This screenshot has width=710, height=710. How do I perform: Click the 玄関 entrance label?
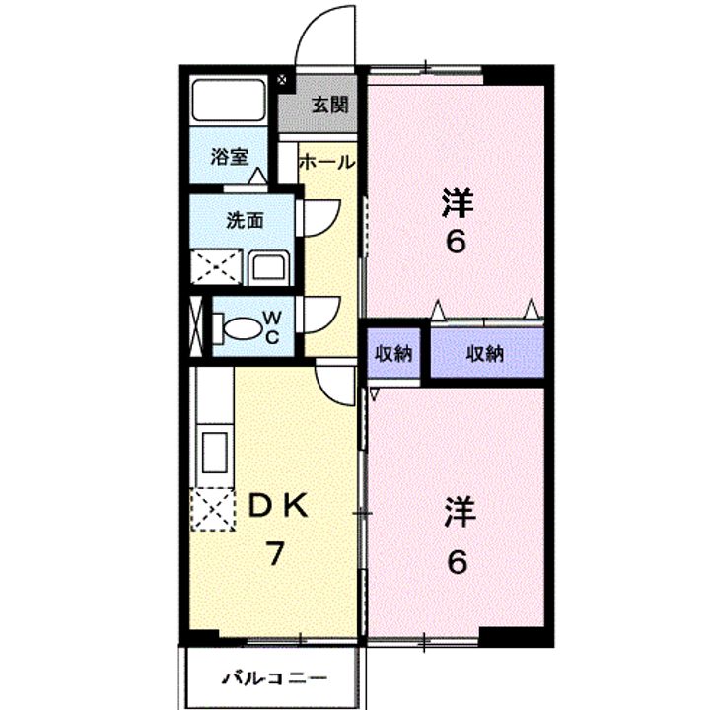(x=330, y=106)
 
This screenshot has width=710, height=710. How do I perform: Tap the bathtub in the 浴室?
(x=229, y=100)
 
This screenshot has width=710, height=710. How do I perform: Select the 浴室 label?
(x=230, y=157)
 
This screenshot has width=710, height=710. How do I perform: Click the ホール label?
(x=327, y=162)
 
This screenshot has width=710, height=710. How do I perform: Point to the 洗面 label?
(x=245, y=221)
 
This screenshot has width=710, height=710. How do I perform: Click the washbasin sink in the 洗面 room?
(x=269, y=267)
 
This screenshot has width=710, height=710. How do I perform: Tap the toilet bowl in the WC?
(x=242, y=327)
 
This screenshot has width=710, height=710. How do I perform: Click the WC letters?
(x=271, y=327)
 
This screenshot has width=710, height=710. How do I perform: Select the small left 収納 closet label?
(x=393, y=354)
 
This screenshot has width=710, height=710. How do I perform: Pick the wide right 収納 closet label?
(x=485, y=354)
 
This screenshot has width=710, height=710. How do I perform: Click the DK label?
(x=279, y=506)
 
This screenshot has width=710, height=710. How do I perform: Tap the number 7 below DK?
(x=275, y=553)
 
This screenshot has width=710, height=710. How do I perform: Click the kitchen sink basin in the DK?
(x=215, y=453)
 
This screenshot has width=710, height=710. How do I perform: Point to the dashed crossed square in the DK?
(x=213, y=509)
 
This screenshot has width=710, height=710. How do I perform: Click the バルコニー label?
(x=275, y=678)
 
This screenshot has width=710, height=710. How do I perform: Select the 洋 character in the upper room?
(x=458, y=203)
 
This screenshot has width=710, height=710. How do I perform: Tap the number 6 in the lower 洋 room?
(x=458, y=562)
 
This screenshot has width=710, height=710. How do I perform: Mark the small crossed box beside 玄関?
(x=282, y=80)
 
